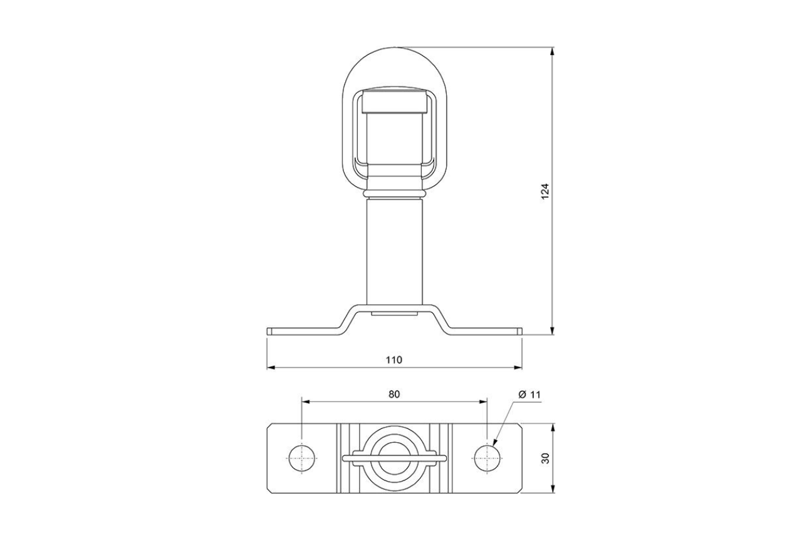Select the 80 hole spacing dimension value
(x=393, y=394)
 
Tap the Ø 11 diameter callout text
(x=529, y=394)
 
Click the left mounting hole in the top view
(x=302, y=458)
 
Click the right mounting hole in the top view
(x=486, y=458)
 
